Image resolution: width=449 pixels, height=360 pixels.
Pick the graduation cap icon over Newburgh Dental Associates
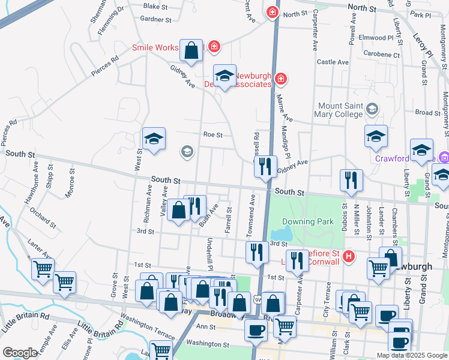tap(224, 76)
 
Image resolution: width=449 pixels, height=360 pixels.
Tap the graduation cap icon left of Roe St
tap(154, 140)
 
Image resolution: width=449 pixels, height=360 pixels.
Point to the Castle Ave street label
tap(333, 62)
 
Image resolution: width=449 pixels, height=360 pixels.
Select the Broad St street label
tap(428, 113)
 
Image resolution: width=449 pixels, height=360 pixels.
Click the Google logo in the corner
tap(20, 353)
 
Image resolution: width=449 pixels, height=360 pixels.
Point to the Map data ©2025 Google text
tap(412, 355)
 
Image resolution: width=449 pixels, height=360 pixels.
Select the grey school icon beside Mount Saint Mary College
tap(372, 109)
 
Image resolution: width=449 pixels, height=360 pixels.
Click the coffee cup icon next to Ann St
tap(256, 330)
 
